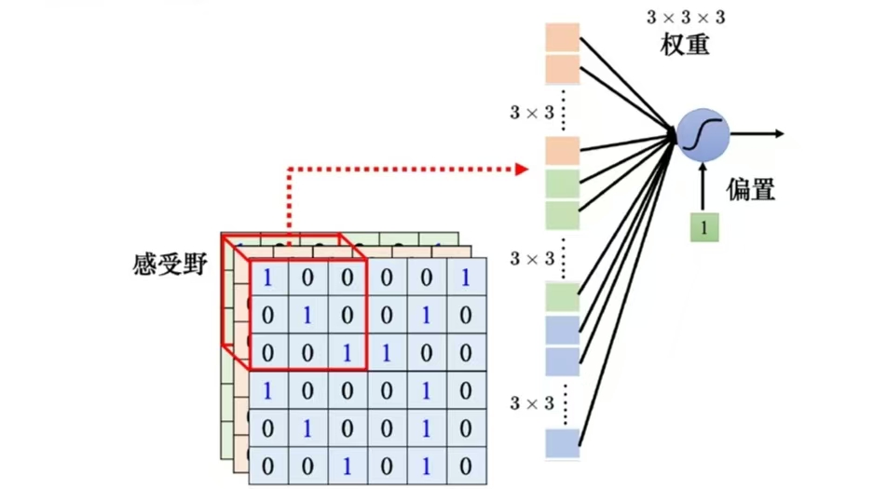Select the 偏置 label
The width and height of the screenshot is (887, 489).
point(751,190)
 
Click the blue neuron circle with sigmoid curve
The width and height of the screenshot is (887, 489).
point(703,135)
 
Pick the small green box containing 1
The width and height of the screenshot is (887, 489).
point(704,227)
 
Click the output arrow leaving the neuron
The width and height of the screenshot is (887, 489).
point(759,134)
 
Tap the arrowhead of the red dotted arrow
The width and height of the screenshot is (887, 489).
point(523,170)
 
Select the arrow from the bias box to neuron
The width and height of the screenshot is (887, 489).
point(703,187)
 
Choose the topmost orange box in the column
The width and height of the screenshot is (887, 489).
point(563,39)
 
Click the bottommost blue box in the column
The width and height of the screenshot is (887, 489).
point(563,442)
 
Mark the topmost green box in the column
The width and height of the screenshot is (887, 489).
point(563,184)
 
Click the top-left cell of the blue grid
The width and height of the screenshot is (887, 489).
point(268,277)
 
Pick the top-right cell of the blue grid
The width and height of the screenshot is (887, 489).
point(466,277)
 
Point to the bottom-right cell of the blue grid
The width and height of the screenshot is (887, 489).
point(466,466)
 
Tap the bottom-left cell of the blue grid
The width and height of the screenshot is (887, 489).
point(268,466)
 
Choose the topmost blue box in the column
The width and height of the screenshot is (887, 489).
point(563,330)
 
